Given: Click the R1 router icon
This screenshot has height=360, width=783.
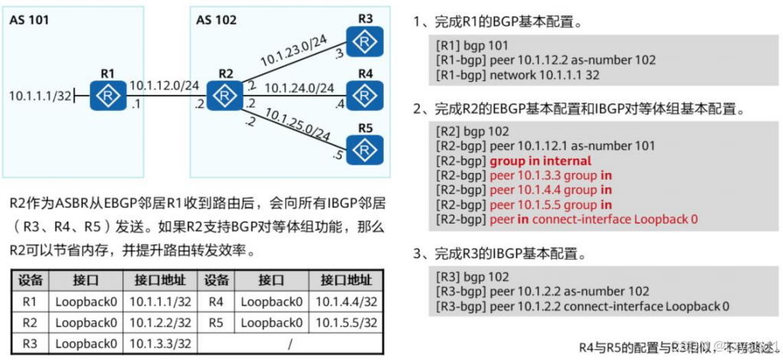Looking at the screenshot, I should click(106, 97).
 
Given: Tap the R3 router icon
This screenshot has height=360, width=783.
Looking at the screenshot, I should click(365, 38).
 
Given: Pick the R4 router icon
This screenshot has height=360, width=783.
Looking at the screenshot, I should click(365, 92).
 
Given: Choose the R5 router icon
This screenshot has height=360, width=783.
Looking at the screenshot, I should click(365, 146).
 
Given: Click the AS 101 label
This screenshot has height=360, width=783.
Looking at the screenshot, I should click(29, 20).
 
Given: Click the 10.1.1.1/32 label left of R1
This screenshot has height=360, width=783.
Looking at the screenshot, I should click(41, 97).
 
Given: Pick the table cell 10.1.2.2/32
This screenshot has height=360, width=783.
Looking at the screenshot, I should click(160, 322).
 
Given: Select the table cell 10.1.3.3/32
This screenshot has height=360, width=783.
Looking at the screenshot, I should click(160, 343).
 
